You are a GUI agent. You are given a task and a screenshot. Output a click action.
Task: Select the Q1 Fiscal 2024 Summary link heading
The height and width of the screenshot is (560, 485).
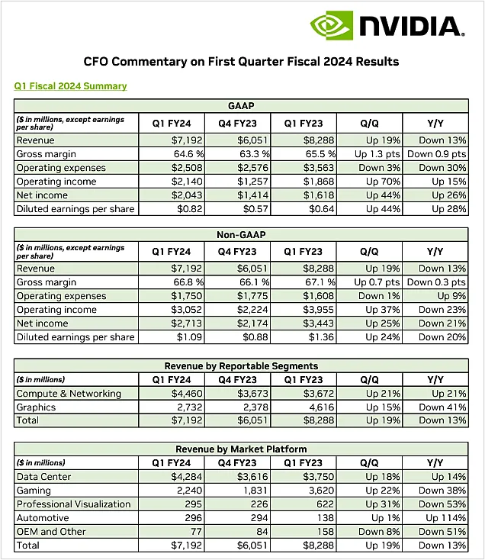pos(71,86)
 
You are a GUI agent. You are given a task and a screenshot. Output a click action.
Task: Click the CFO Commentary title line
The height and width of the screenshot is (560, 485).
pos(241,61)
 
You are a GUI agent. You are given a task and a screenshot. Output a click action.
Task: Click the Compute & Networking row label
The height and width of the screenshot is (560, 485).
pos(69,394)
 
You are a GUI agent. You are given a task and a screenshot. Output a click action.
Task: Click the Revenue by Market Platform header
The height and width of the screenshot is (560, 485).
pos(241,449)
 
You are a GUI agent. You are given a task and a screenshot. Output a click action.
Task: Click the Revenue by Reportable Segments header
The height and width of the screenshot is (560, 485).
pos(241,365)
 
